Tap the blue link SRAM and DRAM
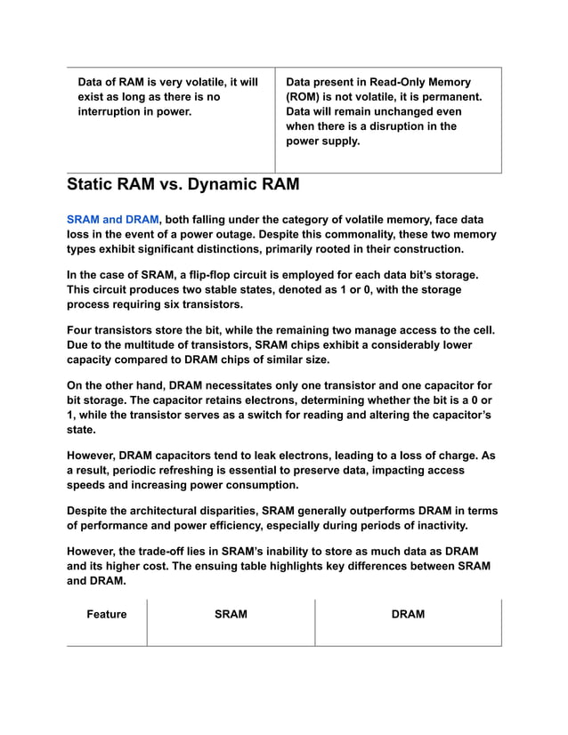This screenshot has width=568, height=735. pyautogui.click(x=112, y=219)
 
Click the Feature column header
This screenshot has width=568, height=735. pyautogui.click(x=107, y=614)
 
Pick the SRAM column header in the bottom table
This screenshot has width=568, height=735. pyautogui.click(x=231, y=614)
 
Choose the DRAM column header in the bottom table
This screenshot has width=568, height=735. pyautogui.click(x=408, y=614)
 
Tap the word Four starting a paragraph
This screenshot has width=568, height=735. pyautogui.click(x=82, y=330)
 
